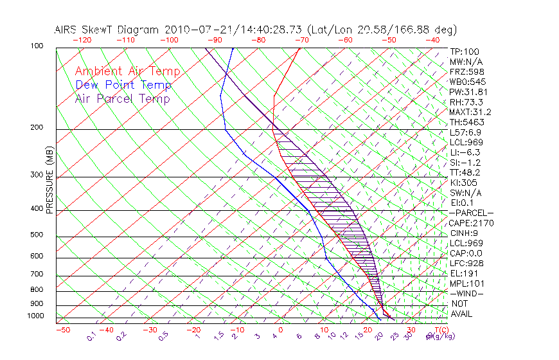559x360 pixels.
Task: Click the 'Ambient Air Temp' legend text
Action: point(127,71)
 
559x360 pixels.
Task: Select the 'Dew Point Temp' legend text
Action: point(123,85)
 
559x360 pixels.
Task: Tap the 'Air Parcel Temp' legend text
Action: point(122,98)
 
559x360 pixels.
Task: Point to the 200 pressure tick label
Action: point(37,128)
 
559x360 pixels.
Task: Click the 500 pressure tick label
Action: point(37,235)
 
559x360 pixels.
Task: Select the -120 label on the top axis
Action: point(82,39)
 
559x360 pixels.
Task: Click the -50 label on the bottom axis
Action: point(62,330)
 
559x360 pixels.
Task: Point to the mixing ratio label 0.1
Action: point(91,336)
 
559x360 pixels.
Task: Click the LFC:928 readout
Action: point(468,263)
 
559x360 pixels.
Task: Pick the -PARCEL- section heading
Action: point(472,213)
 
